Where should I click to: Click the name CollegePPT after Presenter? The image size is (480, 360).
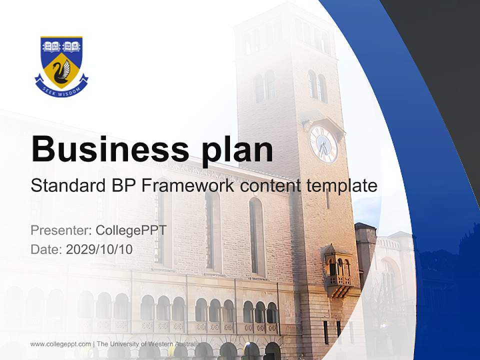click(131, 230)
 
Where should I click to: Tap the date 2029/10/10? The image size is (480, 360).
click(99, 249)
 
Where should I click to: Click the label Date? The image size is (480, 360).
click(46, 249)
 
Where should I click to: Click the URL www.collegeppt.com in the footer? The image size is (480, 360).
click(60, 344)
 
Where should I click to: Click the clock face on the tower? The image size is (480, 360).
click(323, 144)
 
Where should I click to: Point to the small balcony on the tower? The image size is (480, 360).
click(338, 272)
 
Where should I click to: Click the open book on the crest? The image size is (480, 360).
click(51, 46)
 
